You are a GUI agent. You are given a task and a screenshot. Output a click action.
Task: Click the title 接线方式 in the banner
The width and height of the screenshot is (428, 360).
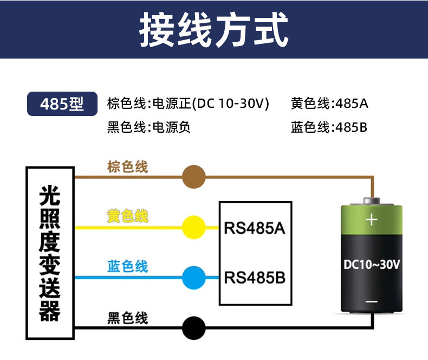point(213,29)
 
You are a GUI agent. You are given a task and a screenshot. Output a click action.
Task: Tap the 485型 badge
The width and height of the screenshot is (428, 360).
point(62,104)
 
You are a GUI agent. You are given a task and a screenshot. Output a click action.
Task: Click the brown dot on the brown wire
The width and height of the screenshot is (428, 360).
point(194,177)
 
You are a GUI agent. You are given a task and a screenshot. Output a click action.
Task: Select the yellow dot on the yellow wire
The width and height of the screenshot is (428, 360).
point(194,227)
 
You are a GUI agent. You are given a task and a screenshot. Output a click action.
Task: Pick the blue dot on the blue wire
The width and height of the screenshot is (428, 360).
point(194,278)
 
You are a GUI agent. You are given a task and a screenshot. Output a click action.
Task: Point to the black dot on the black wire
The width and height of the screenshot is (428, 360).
point(194,328)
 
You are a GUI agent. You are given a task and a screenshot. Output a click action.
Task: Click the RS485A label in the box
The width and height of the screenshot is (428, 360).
point(255,228)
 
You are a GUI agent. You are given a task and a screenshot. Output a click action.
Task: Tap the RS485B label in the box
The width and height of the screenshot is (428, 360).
point(255,278)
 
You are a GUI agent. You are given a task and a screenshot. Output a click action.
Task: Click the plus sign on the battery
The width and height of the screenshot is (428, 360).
point(372,220)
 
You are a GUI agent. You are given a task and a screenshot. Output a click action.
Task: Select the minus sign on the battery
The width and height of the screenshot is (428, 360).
point(372,301)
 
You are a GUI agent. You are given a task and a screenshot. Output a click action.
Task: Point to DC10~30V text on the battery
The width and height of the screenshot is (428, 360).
point(372,265)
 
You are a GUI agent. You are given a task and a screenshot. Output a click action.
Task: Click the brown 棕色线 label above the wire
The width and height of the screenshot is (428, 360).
point(127,167)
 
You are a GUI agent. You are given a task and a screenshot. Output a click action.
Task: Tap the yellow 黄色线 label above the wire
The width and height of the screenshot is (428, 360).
point(127,216)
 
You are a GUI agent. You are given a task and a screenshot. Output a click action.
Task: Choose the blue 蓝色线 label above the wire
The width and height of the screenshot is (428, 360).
point(127,266)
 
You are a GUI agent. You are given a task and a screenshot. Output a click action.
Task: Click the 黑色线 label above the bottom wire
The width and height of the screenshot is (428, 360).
point(127,318)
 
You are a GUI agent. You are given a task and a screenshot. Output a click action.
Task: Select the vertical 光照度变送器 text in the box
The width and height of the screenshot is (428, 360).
point(50,253)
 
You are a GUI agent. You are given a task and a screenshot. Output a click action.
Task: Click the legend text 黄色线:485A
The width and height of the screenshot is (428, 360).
point(329,104)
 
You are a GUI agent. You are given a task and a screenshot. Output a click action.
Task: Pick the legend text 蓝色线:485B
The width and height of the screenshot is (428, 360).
point(329,127)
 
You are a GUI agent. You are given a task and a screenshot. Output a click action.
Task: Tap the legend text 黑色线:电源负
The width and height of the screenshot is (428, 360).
point(149,127)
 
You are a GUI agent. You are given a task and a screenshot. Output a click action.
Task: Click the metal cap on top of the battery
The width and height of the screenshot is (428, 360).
point(372,201)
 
